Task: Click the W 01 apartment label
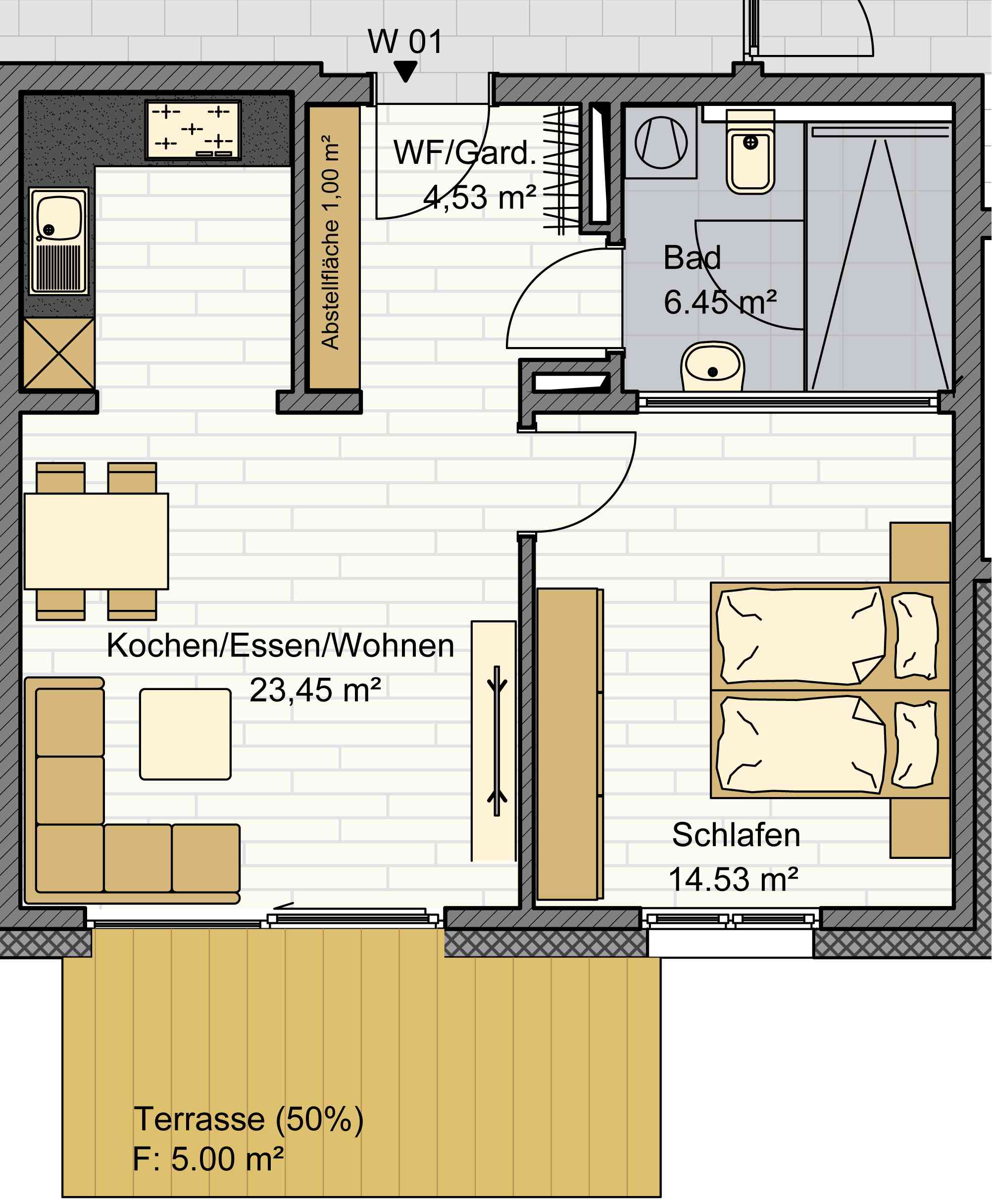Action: [x=405, y=42]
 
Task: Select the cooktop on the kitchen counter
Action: [x=193, y=130]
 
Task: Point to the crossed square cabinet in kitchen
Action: [x=59, y=353]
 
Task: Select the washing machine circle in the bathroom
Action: [x=661, y=143]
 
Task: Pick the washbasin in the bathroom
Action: [x=712, y=366]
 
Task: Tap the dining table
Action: [x=96, y=541]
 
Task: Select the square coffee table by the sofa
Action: [x=186, y=734]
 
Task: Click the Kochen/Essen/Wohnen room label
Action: [x=280, y=645]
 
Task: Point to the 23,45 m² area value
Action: [x=315, y=690]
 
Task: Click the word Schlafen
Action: [x=736, y=835]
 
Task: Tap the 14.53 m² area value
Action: [x=733, y=879]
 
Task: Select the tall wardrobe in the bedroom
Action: [x=570, y=744]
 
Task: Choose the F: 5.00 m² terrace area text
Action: [x=208, y=1159]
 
